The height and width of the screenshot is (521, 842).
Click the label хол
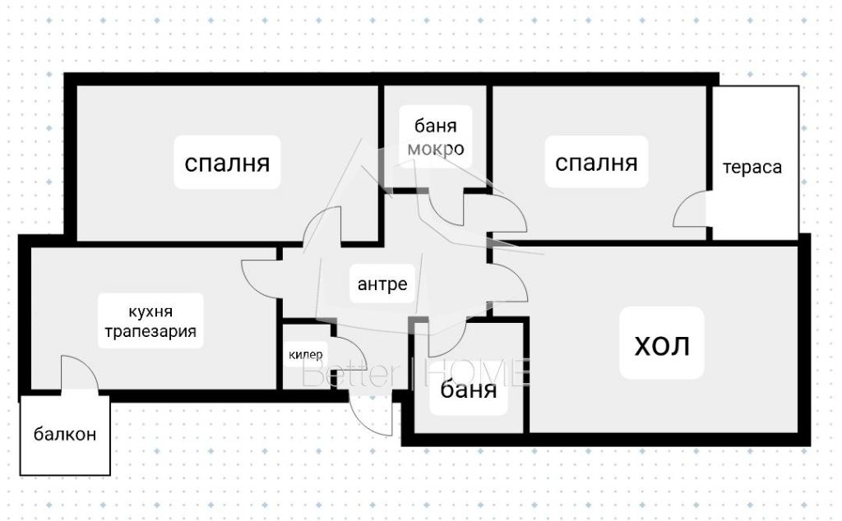coord(662,345)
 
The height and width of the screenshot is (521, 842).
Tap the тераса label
coord(752,168)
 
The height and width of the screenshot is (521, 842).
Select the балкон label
coord(65,434)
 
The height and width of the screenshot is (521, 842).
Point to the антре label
coord(382,284)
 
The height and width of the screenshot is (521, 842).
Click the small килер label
coord(306,355)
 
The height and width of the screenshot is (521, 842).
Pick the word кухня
coord(150,312)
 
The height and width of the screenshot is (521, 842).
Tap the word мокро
coord(437,150)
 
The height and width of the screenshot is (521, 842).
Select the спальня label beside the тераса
coord(596,163)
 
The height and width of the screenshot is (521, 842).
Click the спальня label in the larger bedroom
coord(227,163)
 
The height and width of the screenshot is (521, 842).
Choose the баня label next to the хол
coord(469,390)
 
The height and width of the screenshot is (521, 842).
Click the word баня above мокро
coord(436,127)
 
